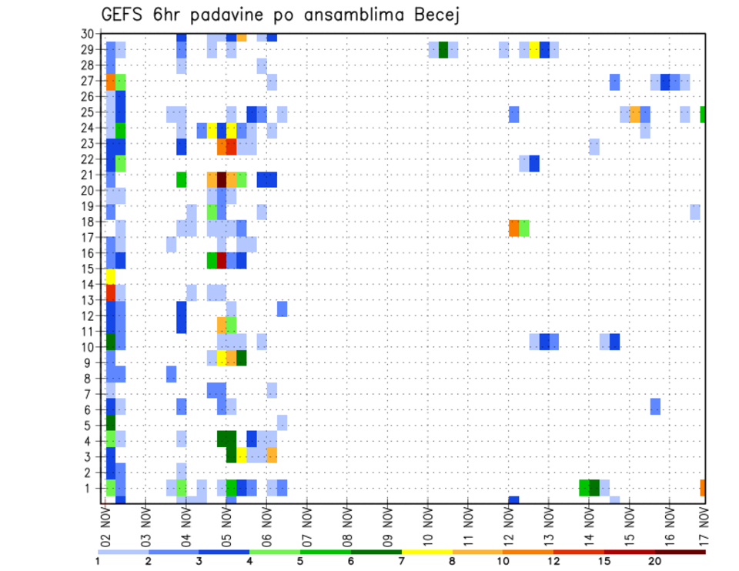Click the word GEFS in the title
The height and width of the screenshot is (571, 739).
point(124,15)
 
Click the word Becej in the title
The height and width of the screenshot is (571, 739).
point(434,15)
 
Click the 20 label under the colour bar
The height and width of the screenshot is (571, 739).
point(655,561)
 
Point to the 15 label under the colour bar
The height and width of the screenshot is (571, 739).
point(604,561)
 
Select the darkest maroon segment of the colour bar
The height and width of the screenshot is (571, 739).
point(680,552)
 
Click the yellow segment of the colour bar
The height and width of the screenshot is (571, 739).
point(427,552)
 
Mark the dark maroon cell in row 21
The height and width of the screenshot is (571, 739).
point(222,179)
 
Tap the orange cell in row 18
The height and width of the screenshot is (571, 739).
point(514,229)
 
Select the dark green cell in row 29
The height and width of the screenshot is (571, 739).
point(443,50)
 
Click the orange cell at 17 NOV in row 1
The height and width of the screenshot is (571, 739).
point(703,487)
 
